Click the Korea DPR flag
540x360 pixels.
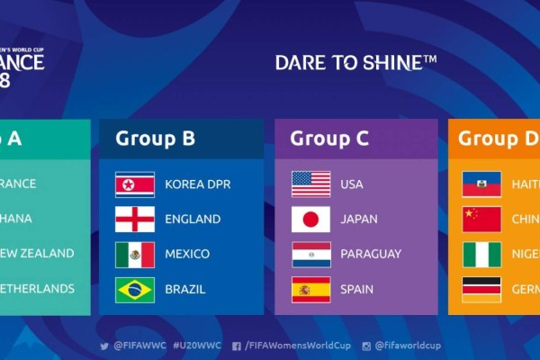tap(134, 184)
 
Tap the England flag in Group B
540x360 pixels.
tap(134, 220)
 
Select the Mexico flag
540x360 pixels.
tap(134, 255)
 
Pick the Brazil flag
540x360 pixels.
tap(134, 290)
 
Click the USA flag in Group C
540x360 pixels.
tap(310, 184)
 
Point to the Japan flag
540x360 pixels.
tap(310, 220)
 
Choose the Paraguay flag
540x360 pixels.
tap(310, 255)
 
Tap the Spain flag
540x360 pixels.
tap(310, 290)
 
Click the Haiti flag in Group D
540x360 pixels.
tap(481, 184)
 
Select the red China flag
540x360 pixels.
tap(481, 220)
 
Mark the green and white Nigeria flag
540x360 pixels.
tap(481, 255)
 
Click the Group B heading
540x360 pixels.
tap(155, 139)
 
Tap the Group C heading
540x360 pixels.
tap(329, 139)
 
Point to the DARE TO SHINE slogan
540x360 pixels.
tap(355, 62)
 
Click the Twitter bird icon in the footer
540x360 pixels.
tap(104, 346)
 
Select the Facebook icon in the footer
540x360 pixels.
tap(236, 346)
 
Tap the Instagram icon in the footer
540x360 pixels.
tap(366, 346)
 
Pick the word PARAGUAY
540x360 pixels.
tap(371, 255)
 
